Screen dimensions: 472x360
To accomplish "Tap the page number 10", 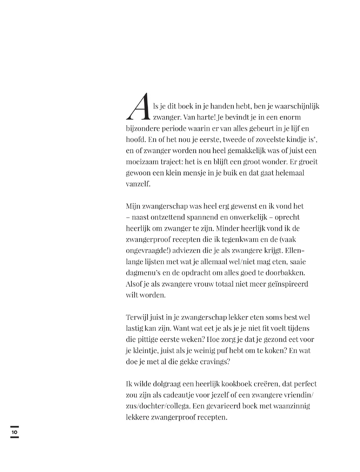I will click(14, 432).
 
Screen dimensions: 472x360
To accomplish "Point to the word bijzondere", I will click(141, 128).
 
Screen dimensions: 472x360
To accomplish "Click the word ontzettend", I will click(164, 217).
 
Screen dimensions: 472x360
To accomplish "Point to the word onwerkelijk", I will click(248, 217).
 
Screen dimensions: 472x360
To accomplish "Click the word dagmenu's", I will click(142, 273).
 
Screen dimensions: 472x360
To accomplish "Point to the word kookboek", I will click(240, 384).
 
